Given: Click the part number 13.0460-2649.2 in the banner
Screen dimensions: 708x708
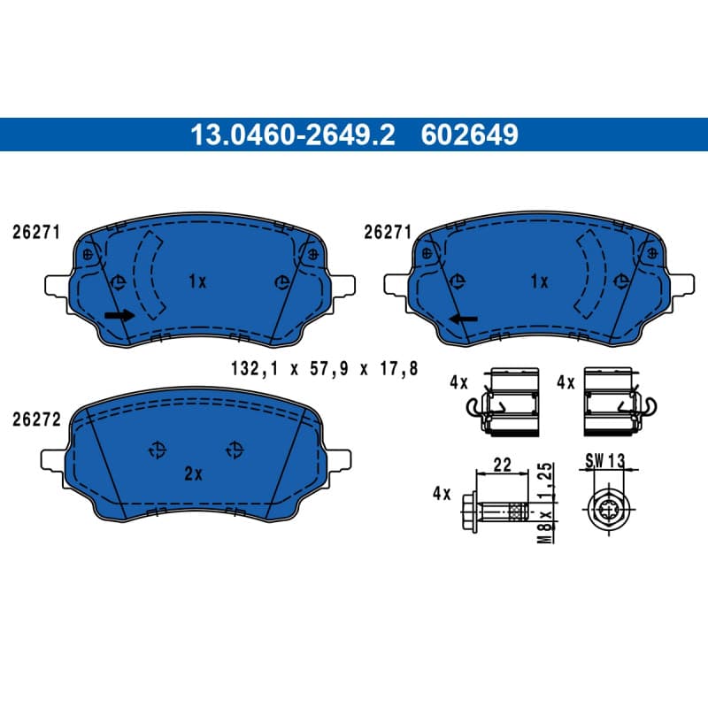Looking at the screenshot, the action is point(293,135).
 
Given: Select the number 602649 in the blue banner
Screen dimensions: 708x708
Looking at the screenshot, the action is point(470,135).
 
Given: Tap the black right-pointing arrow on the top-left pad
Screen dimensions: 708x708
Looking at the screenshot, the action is point(119,315).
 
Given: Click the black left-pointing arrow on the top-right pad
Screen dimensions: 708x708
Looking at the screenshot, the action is point(463,319).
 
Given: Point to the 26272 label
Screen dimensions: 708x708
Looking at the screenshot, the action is point(36,419).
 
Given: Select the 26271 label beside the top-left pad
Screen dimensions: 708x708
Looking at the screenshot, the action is point(36,232).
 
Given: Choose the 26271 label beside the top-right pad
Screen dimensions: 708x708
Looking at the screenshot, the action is point(388,232).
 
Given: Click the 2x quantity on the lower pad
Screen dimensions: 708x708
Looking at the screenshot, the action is point(194,473).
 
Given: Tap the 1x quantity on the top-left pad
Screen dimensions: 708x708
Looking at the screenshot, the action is point(197,281).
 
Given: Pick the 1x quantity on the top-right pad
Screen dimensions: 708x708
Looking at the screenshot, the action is point(539,281).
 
